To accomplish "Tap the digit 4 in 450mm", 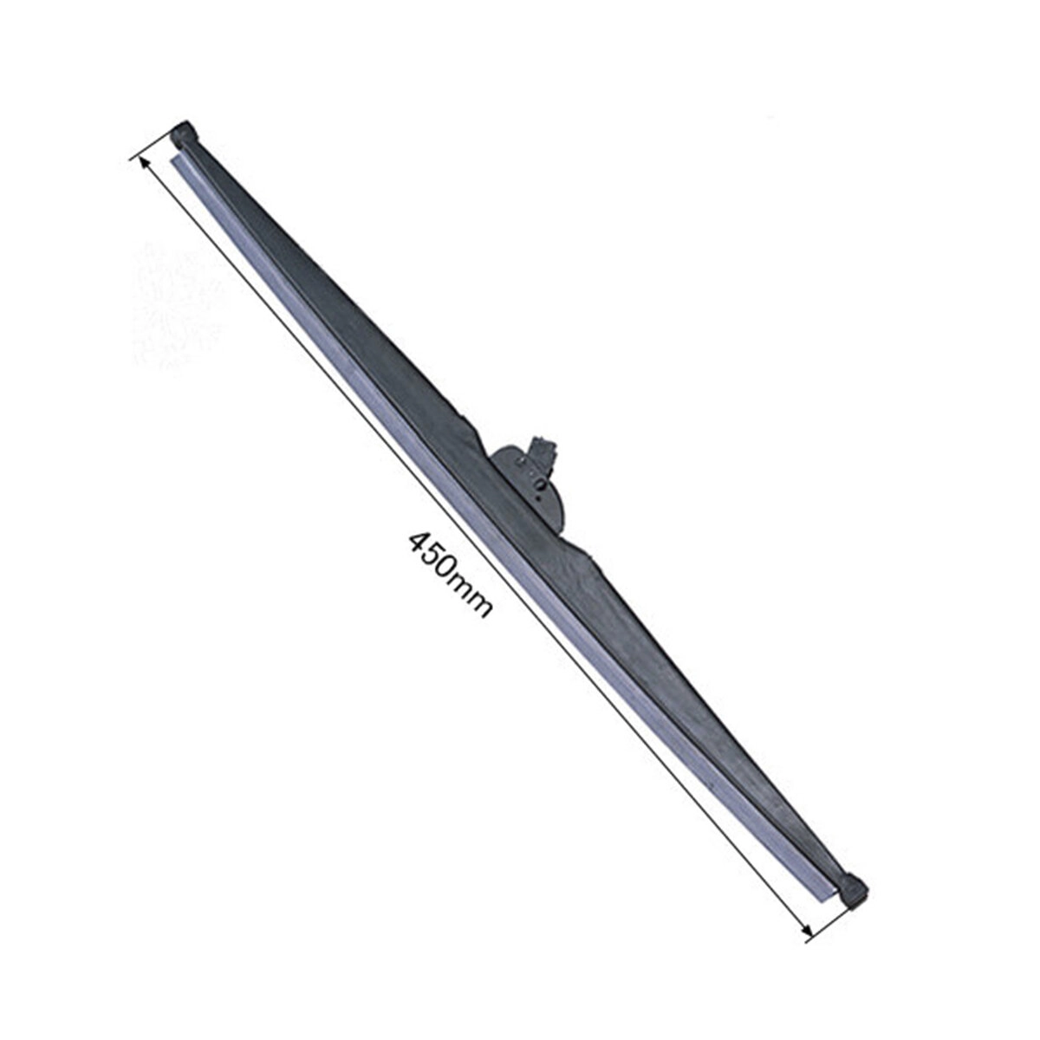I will pos(419,542).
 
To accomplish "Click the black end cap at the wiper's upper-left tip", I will pos(185,133).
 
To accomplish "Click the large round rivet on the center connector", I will pos(541,487).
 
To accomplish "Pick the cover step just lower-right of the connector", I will pos(589,555).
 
